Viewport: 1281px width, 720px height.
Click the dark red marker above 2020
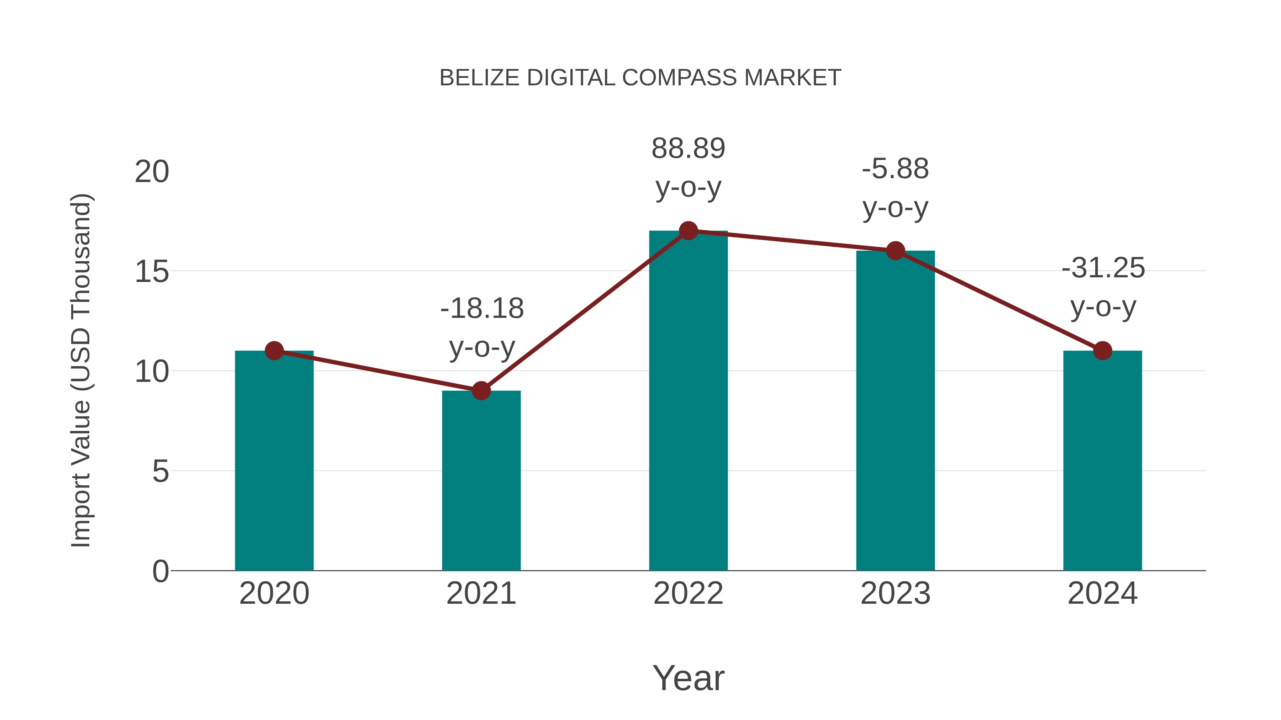pyautogui.click(x=274, y=351)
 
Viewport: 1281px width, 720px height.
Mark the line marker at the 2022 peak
pyautogui.click(x=688, y=230)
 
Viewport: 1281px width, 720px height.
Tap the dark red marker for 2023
pyautogui.click(x=895, y=251)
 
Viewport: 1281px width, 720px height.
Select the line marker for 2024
pyautogui.click(x=1102, y=351)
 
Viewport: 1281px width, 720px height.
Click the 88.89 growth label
pyautogui.click(x=688, y=149)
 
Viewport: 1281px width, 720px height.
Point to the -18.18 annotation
pyautogui.click(x=481, y=309)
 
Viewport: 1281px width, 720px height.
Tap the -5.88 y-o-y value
pyautogui.click(x=895, y=169)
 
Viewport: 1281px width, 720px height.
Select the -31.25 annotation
pyautogui.click(x=1103, y=268)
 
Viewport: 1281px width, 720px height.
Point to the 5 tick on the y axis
pyautogui.click(x=160, y=471)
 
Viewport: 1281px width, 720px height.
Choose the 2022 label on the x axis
pyautogui.click(x=688, y=593)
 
